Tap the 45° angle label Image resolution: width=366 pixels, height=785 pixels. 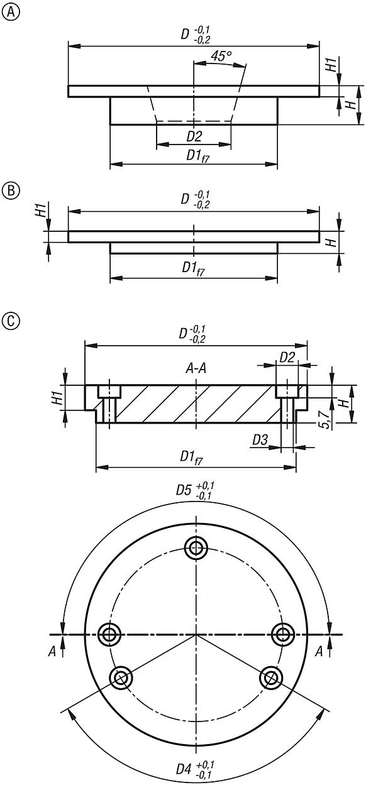click(x=221, y=56)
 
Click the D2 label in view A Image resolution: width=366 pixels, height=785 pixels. click(x=194, y=136)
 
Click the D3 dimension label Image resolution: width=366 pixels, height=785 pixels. click(x=260, y=439)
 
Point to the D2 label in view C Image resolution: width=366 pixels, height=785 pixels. click(x=287, y=356)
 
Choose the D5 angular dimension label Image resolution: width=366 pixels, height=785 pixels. click(x=195, y=490)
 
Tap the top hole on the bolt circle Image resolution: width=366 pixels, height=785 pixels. click(x=196, y=547)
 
